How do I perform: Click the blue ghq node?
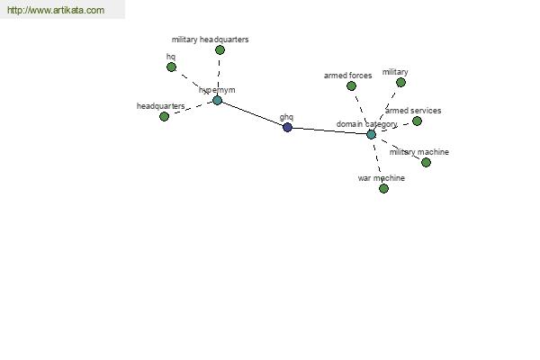(x=287, y=128)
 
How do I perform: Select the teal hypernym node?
(x=217, y=100)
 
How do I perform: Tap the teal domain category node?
(x=371, y=134)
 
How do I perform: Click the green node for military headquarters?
(x=220, y=50)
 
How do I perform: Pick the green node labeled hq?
(x=171, y=67)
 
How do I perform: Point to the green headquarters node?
(x=165, y=116)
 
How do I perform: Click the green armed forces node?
(x=351, y=85)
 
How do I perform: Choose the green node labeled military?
(x=400, y=82)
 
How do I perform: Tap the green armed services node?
(x=417, y=121)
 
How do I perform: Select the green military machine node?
(x=426, y=162)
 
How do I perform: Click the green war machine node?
(x=383, y=188)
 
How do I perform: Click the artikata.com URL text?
(x=56, y=10)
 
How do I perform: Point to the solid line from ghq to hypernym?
(x=252, y=114)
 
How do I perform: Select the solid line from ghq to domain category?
(x=329, y=130)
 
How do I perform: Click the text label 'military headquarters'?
(x=210, y=40)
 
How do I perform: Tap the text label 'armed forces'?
(x=347, y=76)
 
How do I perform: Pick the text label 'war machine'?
(x=382, y=178)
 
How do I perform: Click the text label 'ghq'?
(x=286, y=117)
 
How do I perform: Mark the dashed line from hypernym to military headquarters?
(x=219, y=75)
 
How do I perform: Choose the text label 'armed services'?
(x=413, y=111)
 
